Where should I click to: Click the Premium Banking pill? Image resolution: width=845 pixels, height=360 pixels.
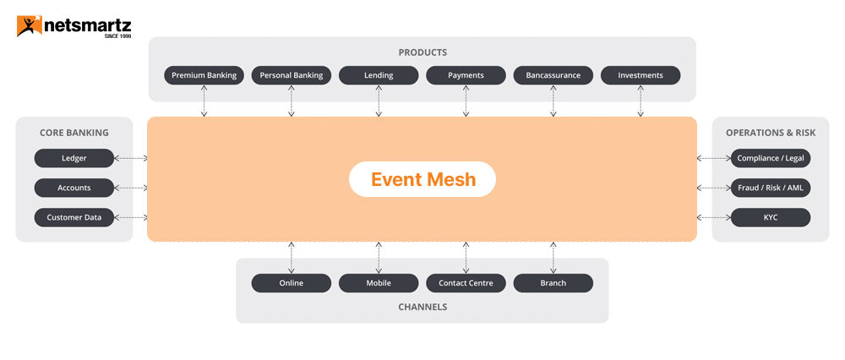click(x=204, y=75)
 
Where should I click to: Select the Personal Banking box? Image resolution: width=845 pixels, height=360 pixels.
click(x=292, y=75)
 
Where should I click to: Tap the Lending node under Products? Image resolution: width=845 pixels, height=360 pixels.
click(x=379, y=75)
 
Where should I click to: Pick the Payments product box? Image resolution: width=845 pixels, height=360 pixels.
click(x=466, y=75)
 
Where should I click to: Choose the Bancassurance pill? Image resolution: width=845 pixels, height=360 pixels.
click(x=553, y=75)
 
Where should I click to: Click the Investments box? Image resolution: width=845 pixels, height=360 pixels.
click(x=641, y=75)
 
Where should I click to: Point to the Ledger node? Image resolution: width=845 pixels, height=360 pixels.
click(x=74, y=158)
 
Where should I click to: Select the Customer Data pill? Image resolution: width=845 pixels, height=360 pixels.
click(x=74, y=217)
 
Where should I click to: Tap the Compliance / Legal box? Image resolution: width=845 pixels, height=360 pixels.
click(x=771, y=158)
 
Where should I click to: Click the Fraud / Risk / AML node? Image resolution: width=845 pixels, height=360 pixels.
click(x=771, y=188)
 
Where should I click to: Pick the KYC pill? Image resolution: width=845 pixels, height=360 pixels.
click(x=771, y=217)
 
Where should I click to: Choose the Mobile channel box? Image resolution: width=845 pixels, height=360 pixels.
click(x=379, y=283)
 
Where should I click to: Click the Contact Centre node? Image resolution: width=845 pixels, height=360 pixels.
click(x=466, y=283)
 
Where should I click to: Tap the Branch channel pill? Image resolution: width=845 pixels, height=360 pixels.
click(x=553, y=283)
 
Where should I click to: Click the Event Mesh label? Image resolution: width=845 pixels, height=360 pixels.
click(x=422, y=179)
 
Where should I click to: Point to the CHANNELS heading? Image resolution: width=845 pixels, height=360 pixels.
click(x=422, y=307)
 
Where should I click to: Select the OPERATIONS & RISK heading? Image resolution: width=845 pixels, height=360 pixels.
click(x=771, y=133)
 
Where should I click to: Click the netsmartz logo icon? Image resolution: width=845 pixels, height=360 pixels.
click(x=28, y=26)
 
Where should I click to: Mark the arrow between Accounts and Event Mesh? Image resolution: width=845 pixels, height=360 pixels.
click(x=130, y=188)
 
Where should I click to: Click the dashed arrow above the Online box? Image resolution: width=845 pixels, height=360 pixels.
click(x=292, y=257)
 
